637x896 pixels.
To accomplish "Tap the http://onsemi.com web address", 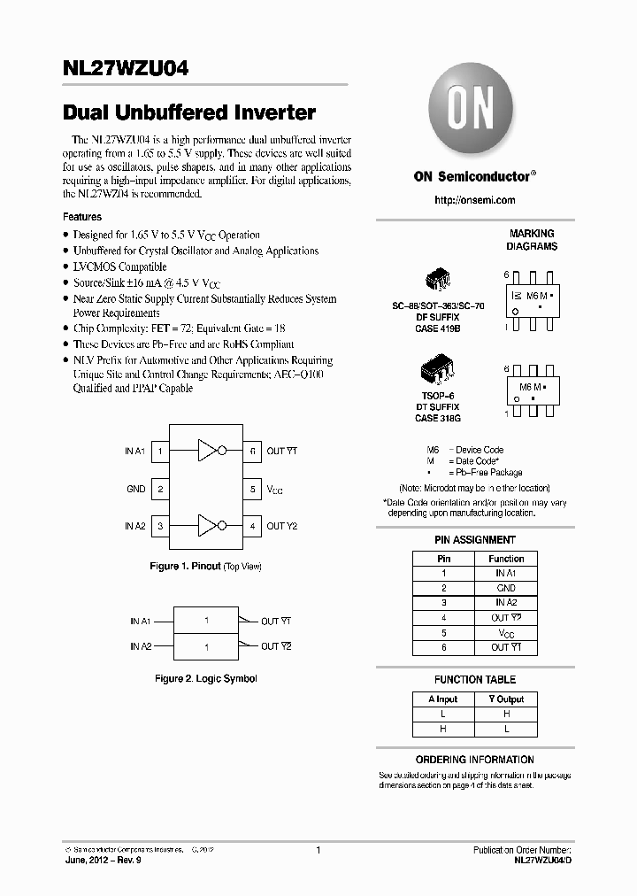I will coord(475,200).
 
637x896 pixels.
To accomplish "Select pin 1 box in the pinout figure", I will coord(160,452).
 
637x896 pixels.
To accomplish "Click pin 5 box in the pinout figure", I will coord(252,489).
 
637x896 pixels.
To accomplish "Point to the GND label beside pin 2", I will coord(135,489).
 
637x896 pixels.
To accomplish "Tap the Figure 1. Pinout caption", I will coord(205,566).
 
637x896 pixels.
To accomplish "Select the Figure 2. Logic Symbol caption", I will coord(205,678).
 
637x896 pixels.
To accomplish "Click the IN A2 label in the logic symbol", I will coord(141,646).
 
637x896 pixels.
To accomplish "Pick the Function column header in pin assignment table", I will coord(506,559).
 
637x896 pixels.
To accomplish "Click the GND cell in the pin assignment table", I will coord(506,588).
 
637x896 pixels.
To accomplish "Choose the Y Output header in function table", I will coord(506,699).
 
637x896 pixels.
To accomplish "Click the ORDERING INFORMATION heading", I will coord(475,760).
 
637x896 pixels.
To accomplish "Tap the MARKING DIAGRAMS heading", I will coord(531,240).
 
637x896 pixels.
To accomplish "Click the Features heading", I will coord(82,217).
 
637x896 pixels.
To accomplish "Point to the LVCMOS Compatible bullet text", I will coord(119,266).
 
